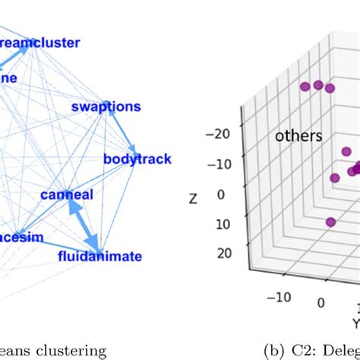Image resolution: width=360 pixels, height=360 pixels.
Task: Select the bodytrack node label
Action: [137, 159]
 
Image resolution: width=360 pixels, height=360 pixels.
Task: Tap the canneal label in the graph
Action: [67, 195]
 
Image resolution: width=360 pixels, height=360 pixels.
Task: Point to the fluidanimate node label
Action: [99, 256]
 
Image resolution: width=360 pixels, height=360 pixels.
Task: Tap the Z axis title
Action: [194, 198]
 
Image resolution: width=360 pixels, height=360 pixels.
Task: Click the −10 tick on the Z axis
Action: [218, 164]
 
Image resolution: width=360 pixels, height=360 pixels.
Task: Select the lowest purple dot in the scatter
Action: [330, 223]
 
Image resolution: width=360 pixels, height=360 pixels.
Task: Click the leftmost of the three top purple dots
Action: [305, 87]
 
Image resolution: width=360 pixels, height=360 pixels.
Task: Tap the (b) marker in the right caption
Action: [274, 350]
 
